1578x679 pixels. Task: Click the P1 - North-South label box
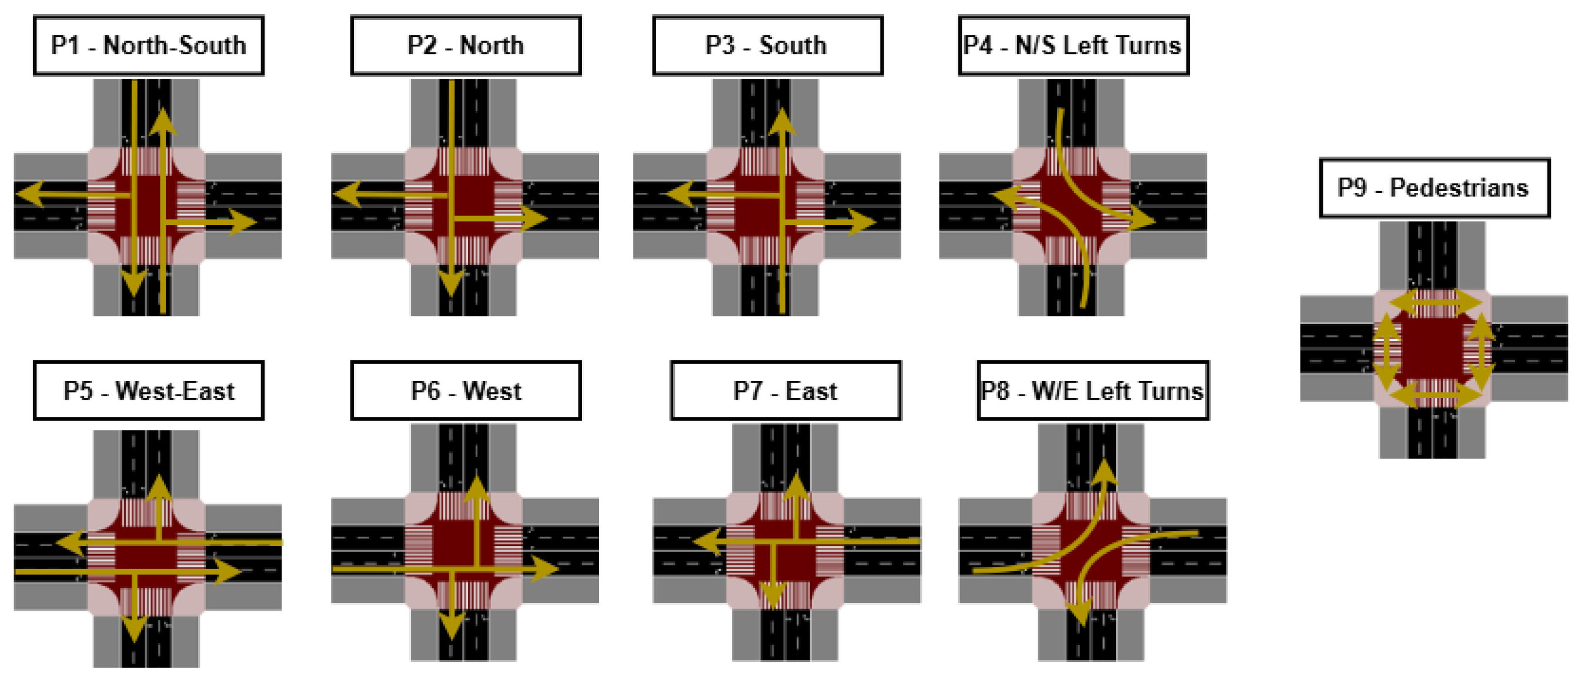pos(148,46)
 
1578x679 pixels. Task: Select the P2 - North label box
pos(466,46)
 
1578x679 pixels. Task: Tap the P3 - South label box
pos(768,46)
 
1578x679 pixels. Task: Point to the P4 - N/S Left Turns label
pos(1073,46)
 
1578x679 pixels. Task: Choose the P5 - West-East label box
pos(148,390)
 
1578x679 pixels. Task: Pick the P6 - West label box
pos(466,390)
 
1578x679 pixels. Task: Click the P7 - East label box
pos(785,390)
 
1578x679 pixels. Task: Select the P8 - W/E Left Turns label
pos(1093,390)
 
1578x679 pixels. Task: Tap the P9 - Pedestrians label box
pos(1434,188)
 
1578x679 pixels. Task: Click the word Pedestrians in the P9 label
pos(1459,188)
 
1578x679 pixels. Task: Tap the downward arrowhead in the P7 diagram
pos(774,594)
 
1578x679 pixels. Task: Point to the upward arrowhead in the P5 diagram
pos(159,487)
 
